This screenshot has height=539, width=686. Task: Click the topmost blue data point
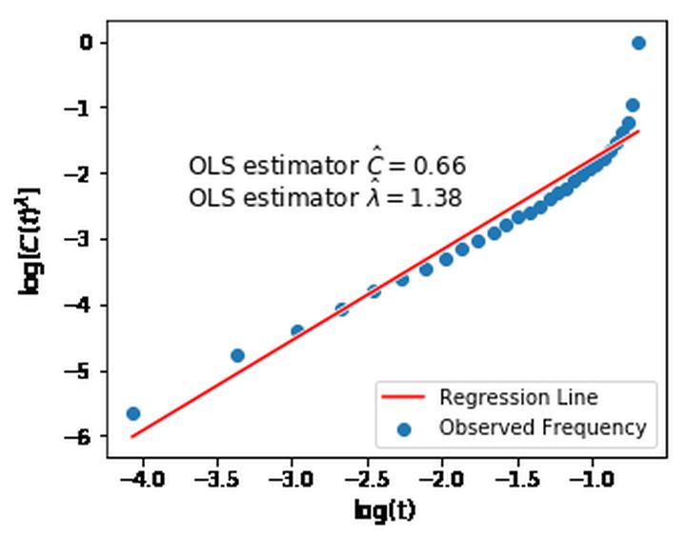pyautogui.click(x=638, y=43)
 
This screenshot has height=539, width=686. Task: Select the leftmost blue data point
pyautogui.click(x=133, y=413)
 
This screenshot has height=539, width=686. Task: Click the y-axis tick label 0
pyautogui.click(x=85, y=42)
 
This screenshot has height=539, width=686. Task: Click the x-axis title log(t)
pyautogui.click(x=385, y=511)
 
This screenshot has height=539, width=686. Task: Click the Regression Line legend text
pyautogui.click(x=518, y=397)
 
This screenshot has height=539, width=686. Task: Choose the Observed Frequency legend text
pyautogui.click(x=542, y=428)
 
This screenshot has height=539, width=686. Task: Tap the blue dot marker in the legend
pyautogui.click(x=405, y=429)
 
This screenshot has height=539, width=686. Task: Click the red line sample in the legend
pyautogui.click(x=405, y=397)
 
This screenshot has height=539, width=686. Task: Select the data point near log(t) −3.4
pyautogui.click(x=237, y=355)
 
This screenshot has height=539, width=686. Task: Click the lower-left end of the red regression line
pyautogui.click(x=132, y=436)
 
